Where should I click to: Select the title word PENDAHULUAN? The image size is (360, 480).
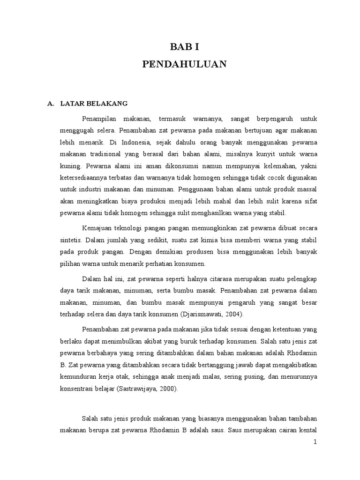click(184, 64)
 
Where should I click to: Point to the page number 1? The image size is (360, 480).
click(315, 454)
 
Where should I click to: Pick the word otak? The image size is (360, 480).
click(132, 377)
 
